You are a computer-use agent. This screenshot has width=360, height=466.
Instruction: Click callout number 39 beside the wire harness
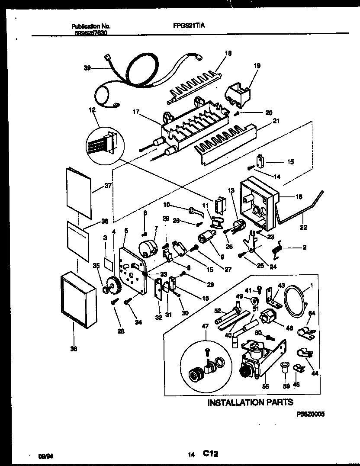(87, 67)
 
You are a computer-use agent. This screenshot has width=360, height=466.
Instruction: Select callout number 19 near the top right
(257, 66)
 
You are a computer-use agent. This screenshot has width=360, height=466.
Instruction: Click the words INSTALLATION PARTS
(250, 402)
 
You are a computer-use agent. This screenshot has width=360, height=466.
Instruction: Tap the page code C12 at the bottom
(209, 453)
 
